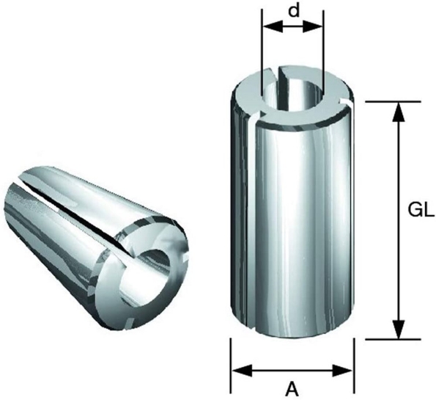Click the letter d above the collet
293,12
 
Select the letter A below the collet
292,386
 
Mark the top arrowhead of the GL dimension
398,108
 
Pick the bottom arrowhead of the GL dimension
398,332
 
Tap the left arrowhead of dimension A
238,369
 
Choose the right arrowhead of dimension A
347,369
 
